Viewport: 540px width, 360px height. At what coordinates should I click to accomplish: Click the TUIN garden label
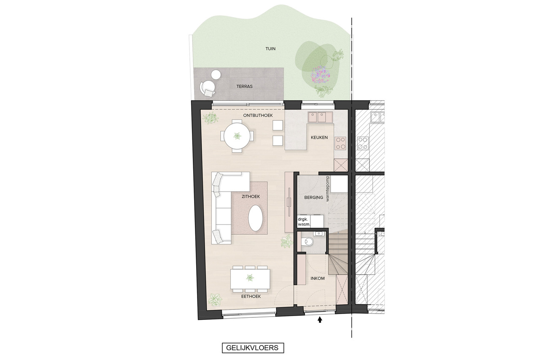tap(270, 49)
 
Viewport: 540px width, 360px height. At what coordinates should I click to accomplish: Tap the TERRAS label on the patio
tap(244, 87)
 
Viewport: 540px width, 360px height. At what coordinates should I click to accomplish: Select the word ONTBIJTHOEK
tap(258, 116)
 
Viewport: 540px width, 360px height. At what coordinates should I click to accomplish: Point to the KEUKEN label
tap(319, 138)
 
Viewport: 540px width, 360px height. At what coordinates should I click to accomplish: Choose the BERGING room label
tap(313, 198)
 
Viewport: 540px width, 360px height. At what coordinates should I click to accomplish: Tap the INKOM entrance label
tap(318, 278)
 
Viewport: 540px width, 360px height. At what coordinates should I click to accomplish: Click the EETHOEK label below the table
tap(251, 296)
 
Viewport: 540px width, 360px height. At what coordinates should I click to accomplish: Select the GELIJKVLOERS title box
tap(253, 348)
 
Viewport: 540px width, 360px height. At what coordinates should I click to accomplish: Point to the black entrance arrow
tap(320, 320)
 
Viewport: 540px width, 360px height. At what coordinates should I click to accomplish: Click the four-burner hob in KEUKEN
tap(340, 143)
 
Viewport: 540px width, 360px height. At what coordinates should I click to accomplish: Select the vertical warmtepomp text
tap(327, 189)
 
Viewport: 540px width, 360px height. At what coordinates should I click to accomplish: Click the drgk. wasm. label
tap(304, 222)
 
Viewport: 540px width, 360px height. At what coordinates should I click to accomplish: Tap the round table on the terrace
tap(47, 75)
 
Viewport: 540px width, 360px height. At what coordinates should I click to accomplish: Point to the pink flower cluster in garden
tap(320, 75)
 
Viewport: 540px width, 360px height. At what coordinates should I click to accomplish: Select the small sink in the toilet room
tap(319, 233)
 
